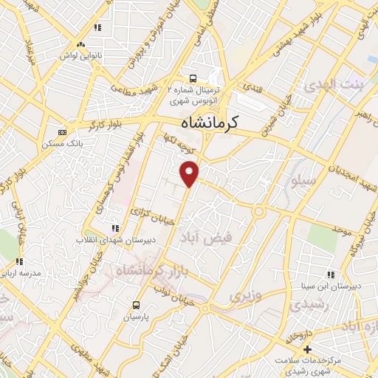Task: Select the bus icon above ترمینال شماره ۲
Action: click(x=193, y=78)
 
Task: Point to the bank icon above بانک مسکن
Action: click(x=62, y=132)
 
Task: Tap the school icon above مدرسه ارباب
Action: click(x=20, y=261)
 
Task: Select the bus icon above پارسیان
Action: click(x=137, y=304)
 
